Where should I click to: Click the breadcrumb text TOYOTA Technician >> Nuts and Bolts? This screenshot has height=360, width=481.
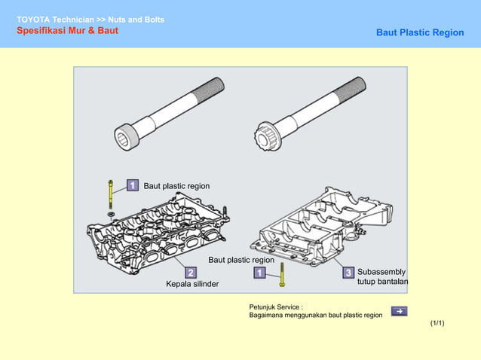click(x=90, y=19)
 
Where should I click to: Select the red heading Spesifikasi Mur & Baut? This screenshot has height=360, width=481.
click(x=67, y=31)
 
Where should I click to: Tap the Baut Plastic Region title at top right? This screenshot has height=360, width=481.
click(x=420, y=33)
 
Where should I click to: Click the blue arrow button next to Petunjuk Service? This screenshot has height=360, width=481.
click(x=400, y=311)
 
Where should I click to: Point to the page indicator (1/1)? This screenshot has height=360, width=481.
click(x=437, y=323)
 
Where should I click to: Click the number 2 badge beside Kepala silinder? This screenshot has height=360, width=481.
click(x=191, y=272)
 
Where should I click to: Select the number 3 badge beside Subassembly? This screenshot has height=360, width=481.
click(x=348, y=272)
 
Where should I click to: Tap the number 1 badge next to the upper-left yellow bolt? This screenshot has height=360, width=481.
click(x=131, y=185)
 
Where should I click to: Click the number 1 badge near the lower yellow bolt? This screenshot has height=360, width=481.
click(x=259, y=272)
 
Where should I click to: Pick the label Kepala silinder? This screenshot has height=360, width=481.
click(x=192, y=285)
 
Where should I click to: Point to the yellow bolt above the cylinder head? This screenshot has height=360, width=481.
click(x=111, y=195)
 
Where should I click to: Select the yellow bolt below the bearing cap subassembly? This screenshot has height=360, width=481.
click(x=281, y=274)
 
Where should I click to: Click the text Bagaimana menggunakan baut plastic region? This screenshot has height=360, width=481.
click(x=315, y=316)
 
